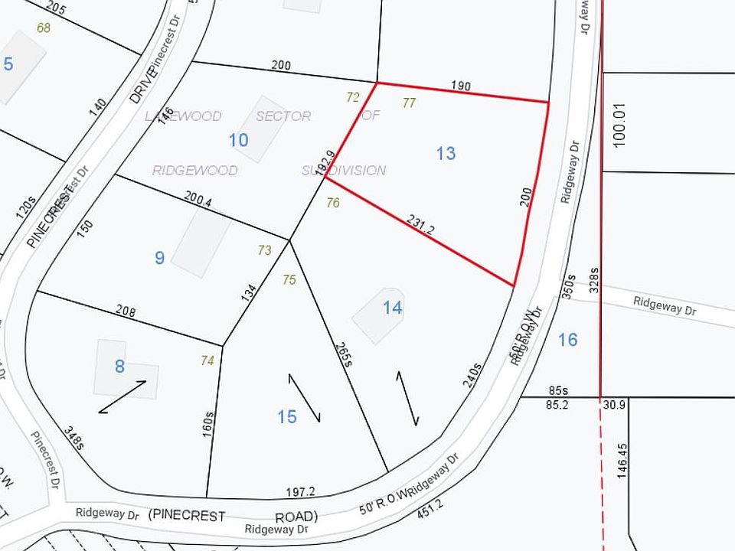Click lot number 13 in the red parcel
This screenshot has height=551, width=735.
[x=446, y=153]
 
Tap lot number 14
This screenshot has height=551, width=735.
[x=393, y=308]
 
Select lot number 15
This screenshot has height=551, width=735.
[x=287, y=416]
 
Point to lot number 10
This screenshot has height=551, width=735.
[x=239, y=140]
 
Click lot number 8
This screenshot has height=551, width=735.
[x=119, y=367]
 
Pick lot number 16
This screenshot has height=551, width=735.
[x=567, y=339]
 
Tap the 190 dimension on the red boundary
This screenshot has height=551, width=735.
[x=460, y=86]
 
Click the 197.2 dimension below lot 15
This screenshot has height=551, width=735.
[x=300, y=491]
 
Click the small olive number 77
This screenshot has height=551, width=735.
[x=409, y=103]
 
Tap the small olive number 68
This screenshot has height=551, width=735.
[x=43, y=28]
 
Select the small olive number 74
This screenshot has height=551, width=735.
[x=207, y=360]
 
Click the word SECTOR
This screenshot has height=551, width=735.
[x=283, y=116]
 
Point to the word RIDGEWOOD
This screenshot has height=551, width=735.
[x=194, y=170]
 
